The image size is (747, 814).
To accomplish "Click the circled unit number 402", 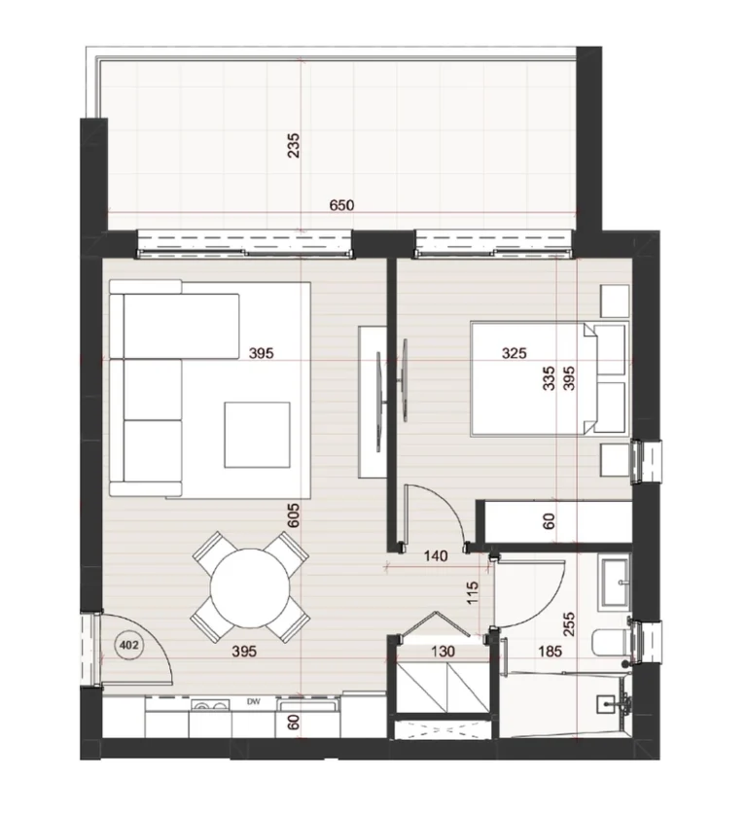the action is pos(128,646).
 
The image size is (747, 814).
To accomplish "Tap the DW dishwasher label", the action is pos(253,702).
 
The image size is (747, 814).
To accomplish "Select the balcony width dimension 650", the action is pos(342,205).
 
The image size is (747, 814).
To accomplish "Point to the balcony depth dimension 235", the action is pos(294,146).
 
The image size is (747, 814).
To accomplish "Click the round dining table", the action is pos(250,588).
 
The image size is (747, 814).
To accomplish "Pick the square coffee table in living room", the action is pos(257,435).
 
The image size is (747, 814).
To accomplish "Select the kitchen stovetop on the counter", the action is pos(210,704).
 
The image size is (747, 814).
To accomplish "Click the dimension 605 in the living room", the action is pos(294,515).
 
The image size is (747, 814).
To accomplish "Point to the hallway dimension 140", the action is pos(436,556).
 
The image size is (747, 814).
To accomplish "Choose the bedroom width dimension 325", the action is pos(514,353).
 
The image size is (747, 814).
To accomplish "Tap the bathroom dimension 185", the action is pos(551,651).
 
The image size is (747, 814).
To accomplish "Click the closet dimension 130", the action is pos(443,651).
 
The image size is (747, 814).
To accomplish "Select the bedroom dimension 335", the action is pos(549,378).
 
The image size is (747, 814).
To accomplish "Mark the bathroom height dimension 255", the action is pos(569,624).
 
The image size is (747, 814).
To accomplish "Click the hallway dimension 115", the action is pos(472,593).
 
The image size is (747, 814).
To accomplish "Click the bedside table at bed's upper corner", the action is pos(615,301).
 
